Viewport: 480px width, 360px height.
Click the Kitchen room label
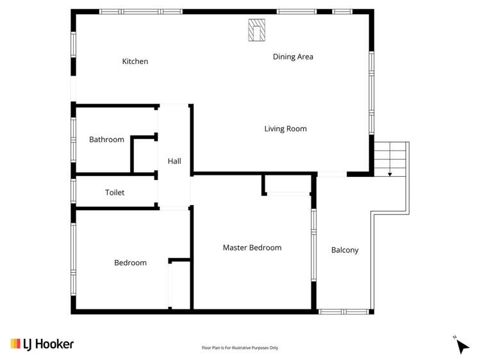point(135,61)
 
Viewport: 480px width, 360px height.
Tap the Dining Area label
point(293,57)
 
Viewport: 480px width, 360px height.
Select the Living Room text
point(285,129)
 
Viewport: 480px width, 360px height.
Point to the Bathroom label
point(106,140)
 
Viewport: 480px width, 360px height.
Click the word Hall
point(174,161)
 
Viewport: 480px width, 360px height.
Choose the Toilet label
point(115,192)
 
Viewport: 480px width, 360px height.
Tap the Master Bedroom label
point(252,247)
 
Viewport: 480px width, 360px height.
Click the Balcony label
point(345,250)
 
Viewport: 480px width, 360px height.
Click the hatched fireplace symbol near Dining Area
point(256,30)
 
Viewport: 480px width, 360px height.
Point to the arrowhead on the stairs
point(390,175)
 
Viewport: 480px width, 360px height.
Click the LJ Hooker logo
point(42,344)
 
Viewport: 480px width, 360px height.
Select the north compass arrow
point(462,347)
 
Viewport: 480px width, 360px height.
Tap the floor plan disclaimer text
point(240,348)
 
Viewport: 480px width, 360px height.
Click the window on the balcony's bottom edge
point(343,312)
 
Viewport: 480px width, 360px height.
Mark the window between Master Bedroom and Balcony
point(313,245)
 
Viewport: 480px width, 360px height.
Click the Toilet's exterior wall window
point(74,191)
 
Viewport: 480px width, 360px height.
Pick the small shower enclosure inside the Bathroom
point(144,155)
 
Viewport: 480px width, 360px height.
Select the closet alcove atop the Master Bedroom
point(288,184)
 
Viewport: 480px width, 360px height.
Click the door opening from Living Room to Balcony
point(332,174)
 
